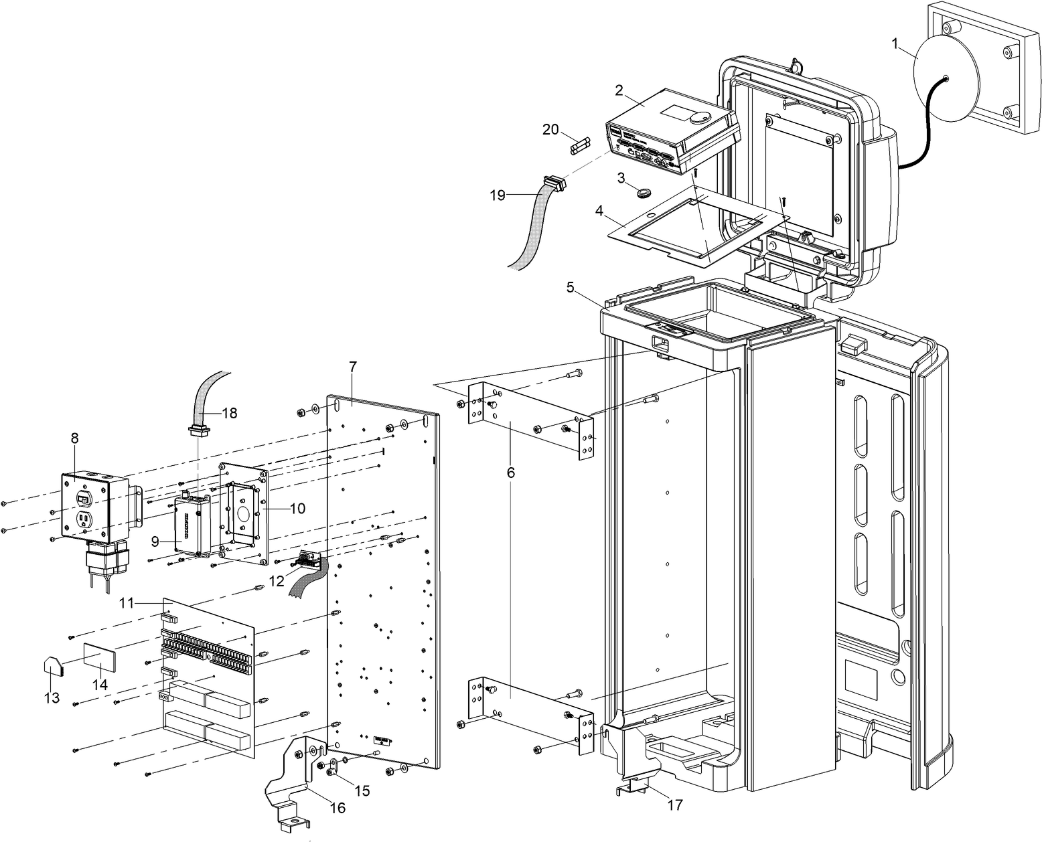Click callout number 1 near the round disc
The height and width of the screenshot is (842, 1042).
click(895, 44)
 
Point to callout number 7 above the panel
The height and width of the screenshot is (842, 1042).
click(353, 366)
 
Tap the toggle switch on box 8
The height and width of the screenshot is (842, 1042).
click(84, 499)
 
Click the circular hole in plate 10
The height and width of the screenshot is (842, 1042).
click(243, 515)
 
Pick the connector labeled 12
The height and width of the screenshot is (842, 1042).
click(309, 559)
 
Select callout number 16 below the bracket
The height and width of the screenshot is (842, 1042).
click(338, 808)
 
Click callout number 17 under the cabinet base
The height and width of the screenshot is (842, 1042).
click(675, 805)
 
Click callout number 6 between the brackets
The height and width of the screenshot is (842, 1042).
click(511, 472)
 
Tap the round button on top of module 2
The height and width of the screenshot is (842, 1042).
click(698, 116)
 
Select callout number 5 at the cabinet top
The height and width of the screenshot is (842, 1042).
click(570, 288)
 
